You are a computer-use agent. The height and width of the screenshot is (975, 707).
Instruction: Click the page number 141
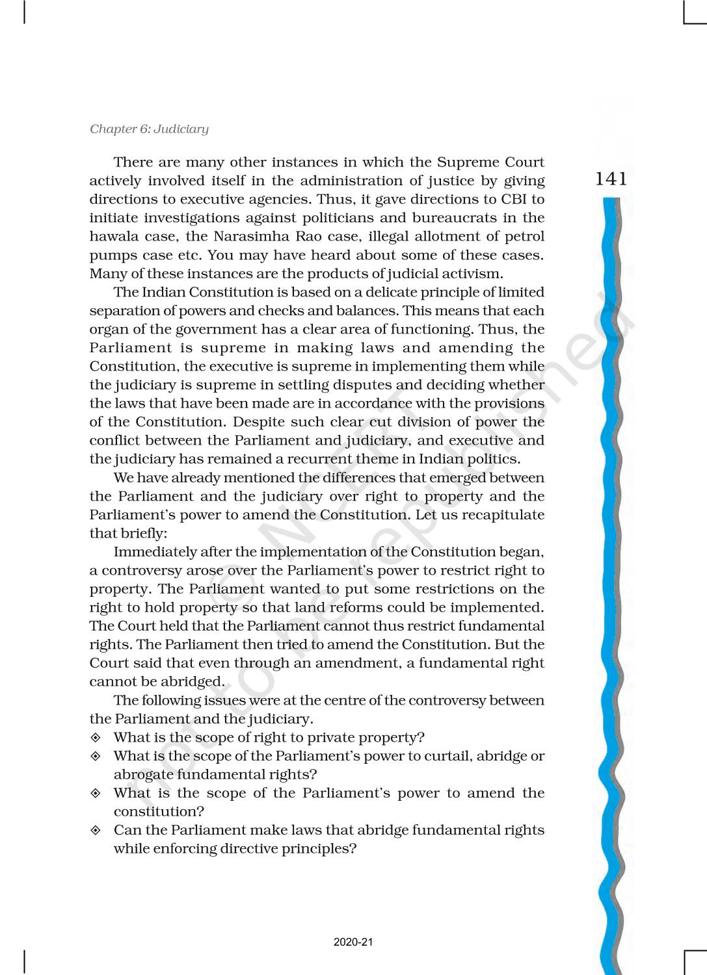click(x=611, y=179)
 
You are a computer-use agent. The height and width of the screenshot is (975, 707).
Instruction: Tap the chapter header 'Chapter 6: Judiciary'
click(x=149, y=129)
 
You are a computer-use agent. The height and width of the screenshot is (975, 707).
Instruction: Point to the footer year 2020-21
click(x=353, y=942)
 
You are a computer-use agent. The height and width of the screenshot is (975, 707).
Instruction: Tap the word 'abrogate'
click(x=143, y=774)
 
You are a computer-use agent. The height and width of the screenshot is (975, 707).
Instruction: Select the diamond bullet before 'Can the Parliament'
click(x=96, y=830)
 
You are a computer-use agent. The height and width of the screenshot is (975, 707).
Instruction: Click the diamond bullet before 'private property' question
click(x=96, y=738)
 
